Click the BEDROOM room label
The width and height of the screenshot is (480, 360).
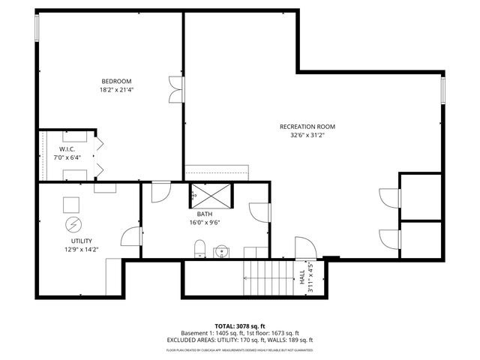click(x=117, y=81)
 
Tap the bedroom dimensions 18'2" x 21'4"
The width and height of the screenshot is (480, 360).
click(x=117, y=90)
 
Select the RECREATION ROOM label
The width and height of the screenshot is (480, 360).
click(x=307, y=127)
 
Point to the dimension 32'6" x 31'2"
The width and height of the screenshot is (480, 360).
click(x=307, y=136)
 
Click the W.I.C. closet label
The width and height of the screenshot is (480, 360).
click(x=67, y=149)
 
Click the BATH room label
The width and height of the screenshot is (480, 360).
click(x=204, y=214)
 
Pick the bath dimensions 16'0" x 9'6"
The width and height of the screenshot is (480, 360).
click(x=204, y=222)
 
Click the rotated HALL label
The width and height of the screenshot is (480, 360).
click(x=303, y=277)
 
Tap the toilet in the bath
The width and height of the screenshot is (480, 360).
click(x=199, y=249)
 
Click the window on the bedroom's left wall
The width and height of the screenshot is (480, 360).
click(x=37, y=28)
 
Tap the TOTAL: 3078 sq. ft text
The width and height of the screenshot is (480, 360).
click(x=239, y=325)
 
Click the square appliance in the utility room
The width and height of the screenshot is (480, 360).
click(x=72, y=204)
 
